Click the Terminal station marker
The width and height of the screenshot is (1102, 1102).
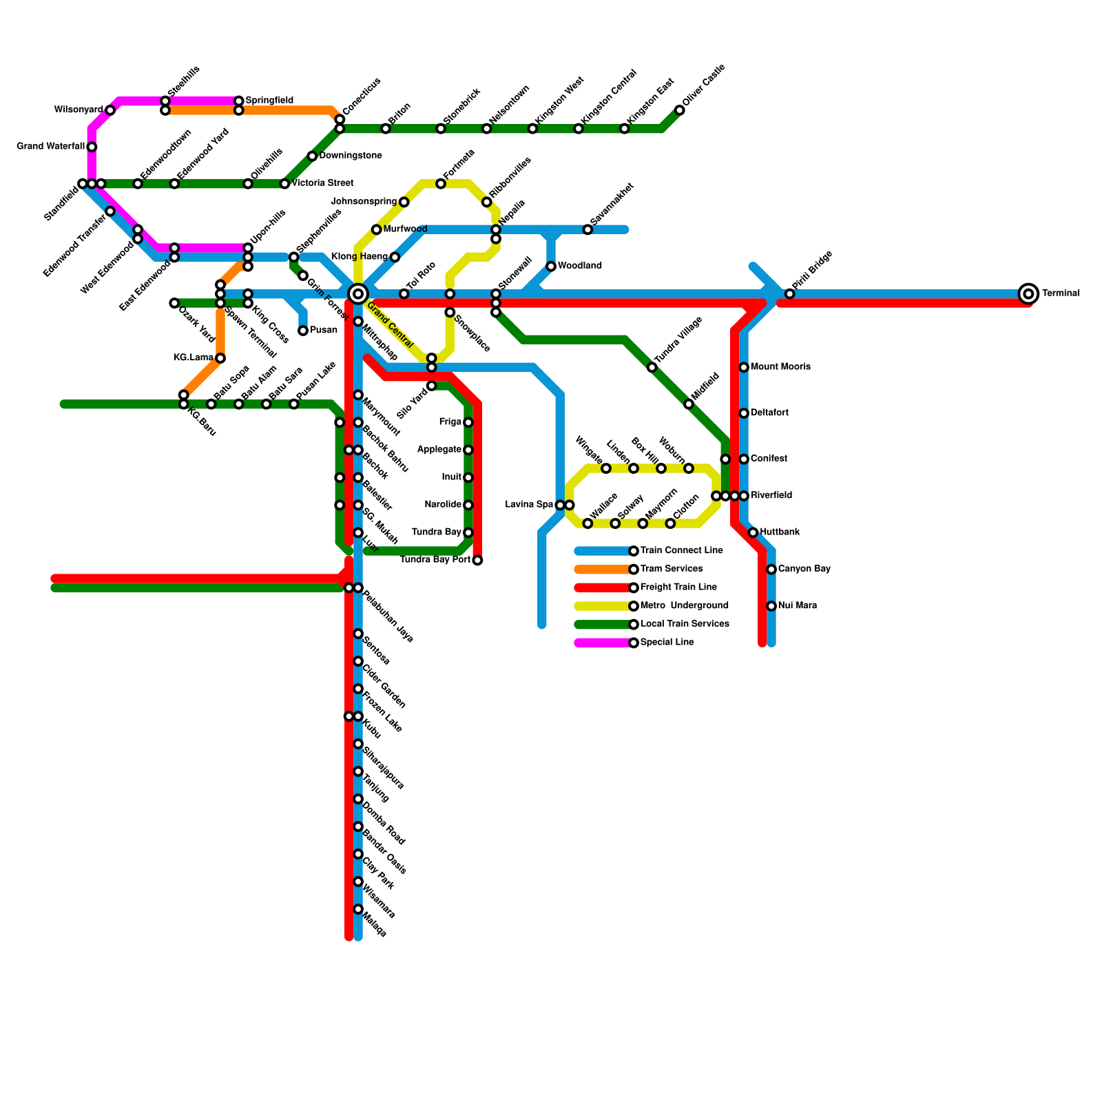(x=1028, y=294)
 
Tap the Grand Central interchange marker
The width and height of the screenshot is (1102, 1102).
(x=357, y=294)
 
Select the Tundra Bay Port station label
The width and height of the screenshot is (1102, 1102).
(x=435, y=560)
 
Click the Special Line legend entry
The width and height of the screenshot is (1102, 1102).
(x=667, y=643)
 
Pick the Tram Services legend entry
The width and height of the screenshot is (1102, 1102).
(x=671, y=569)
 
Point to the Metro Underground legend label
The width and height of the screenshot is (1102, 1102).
(x=684, y=606)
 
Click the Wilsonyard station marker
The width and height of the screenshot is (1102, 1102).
(x=110, y=110)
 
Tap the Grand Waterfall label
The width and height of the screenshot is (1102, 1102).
(x=50, y=147)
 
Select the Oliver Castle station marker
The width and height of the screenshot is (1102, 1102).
(x=680, y=110)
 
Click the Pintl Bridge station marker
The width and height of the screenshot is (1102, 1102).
(x=790, y=294)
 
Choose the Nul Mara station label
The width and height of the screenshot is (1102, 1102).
(x=798, y=606)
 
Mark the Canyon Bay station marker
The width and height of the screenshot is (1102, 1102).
(x=771, y=570)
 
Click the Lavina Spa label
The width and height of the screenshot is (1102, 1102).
(x=529, y=505)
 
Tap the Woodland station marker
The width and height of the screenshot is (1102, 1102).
(x=551, y=267)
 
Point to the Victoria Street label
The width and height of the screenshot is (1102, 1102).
(x=322, y=184)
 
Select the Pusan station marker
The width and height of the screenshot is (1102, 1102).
(x=303, y=331)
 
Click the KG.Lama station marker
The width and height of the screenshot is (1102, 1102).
(x=220, y=358)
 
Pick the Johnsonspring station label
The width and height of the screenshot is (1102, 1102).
(x=364, y=202)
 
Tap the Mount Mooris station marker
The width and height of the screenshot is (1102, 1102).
(x=744, y=367)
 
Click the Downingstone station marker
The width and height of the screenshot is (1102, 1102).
(x=312, y=156)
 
